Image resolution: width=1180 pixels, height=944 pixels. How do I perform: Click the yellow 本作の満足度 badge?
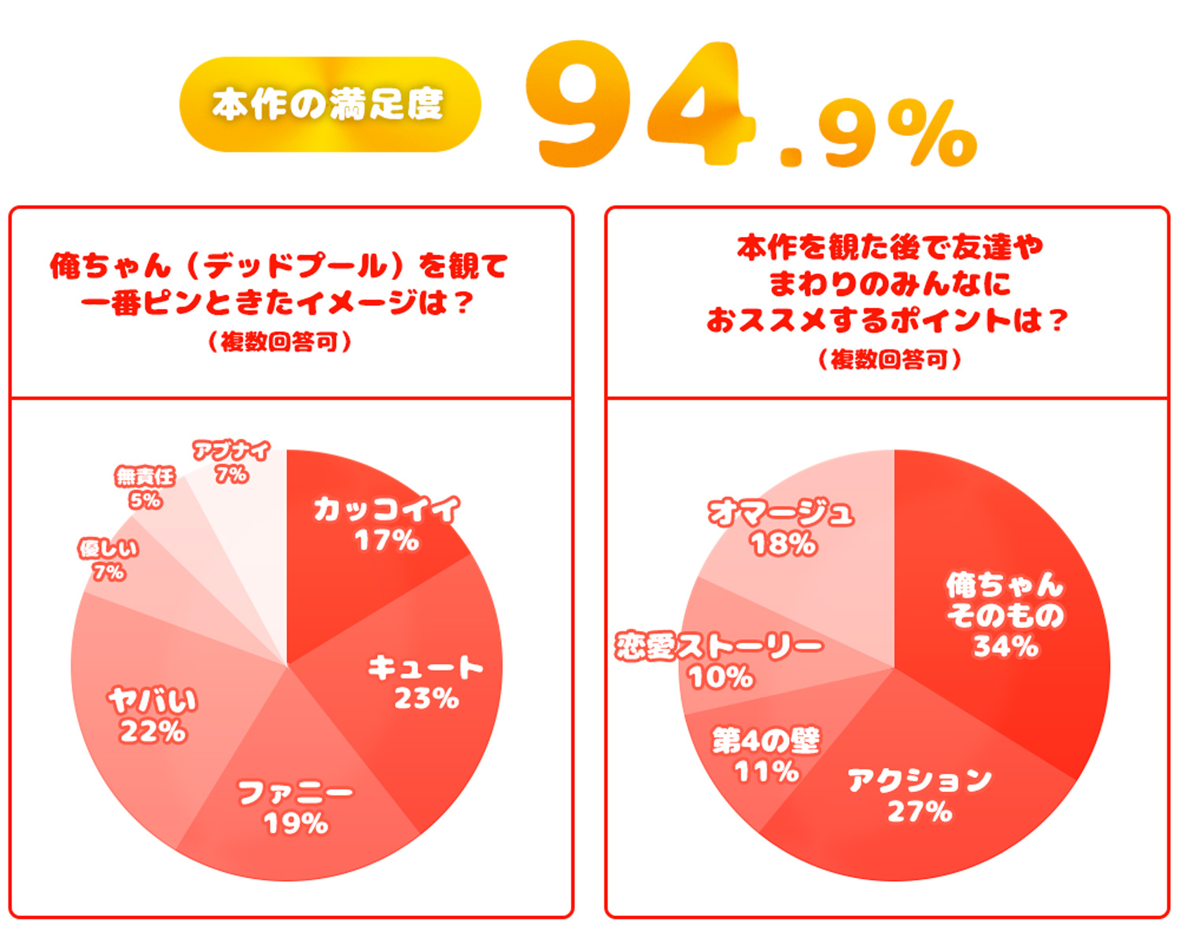330,105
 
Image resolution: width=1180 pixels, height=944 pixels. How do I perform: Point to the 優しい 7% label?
109,559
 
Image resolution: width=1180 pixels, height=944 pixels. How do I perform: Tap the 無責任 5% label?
146,488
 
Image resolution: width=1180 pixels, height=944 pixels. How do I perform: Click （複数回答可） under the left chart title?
280,342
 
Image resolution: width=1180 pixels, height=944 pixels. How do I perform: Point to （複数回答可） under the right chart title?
890,360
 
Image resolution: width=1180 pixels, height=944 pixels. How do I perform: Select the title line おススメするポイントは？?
888,320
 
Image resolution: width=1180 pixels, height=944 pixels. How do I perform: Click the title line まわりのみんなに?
890,284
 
